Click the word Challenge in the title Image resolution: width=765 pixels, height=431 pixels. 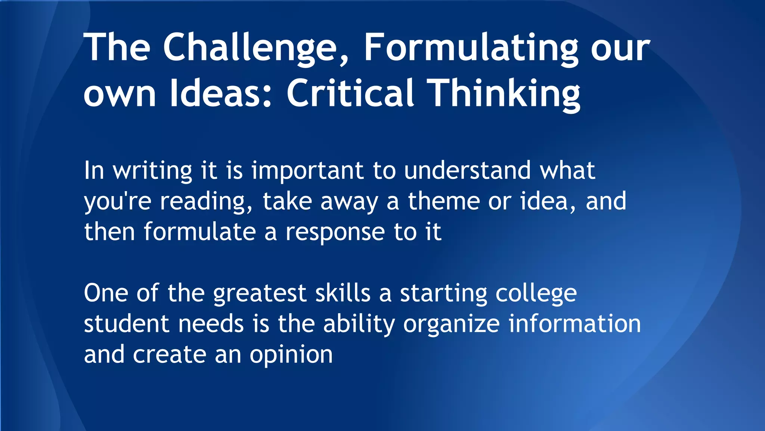pyautogui.click(x=250, y=48)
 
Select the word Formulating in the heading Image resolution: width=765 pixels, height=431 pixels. pyautogui.click(x=471, y=48)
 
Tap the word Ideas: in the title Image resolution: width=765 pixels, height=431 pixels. pyautogui.click(x=220, y=94)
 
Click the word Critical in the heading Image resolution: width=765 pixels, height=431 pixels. pyautogui.click(x=350, y=94)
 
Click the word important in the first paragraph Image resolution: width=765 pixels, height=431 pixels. pyautogui.click(x=307, y=171)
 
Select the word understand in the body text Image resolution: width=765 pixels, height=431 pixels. pyautogui.click(x=467, y=171)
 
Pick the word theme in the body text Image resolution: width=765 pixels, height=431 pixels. pyautogui.click(x=443, y=201)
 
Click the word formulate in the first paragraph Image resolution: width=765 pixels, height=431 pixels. pyautogui.click(x=199, y=232)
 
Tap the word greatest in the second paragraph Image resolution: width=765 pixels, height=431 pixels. pyautogui.click(x=260, y=293)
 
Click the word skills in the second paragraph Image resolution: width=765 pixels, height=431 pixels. pyautogui.click(x=343, y=293)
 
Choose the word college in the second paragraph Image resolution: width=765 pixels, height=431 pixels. pyautogui.click(x=536, y=294)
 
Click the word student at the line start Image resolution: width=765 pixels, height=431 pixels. pyautogui.click(x=126, y=324)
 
